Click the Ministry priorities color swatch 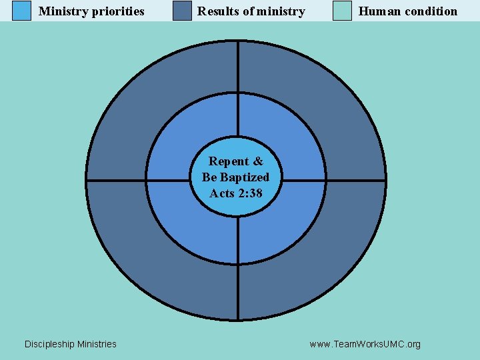pos(22,11)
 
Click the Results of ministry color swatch pos(182,11)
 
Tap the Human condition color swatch pos(342,11)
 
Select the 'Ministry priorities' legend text pos(91,11)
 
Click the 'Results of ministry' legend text pos(251,11)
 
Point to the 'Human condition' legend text pos(408,11)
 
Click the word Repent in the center pos(229,161)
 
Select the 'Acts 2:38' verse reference pos(236,193)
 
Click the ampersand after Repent pos(258,161)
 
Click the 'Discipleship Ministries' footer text pos(70,344)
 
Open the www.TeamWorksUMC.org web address pos(365,344)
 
